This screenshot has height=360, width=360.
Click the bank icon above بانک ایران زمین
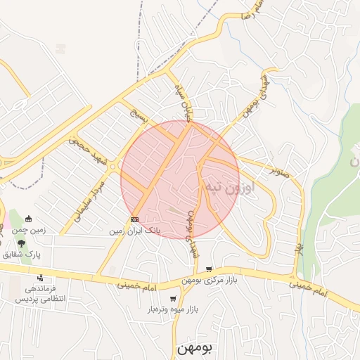(135, 219)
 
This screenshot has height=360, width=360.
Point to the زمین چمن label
(32, 230)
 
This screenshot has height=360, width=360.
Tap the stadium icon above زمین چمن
(28, 219)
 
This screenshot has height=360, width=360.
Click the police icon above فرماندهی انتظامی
(40, 278)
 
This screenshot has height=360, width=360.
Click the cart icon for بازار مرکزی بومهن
(209, 269)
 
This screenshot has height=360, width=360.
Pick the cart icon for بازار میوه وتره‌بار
(173, 299)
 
